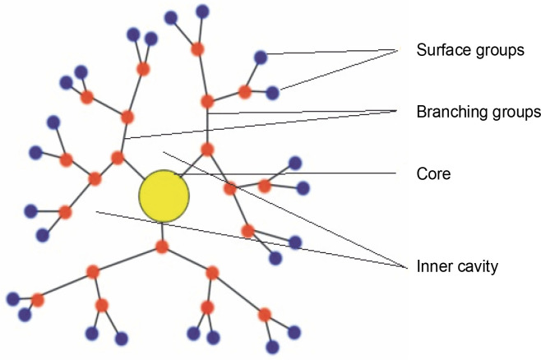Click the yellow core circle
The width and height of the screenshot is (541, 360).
164,196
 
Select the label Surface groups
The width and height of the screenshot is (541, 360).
470,51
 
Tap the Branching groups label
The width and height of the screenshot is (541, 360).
477,112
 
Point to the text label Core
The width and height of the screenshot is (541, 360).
434,174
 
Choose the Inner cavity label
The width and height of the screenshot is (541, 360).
458,266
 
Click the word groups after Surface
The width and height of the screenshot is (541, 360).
502,51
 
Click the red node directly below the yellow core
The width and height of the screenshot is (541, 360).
162,247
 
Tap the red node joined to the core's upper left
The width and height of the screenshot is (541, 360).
118,157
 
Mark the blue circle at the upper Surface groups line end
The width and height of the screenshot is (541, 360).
261,57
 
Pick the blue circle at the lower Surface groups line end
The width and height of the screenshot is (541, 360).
273,93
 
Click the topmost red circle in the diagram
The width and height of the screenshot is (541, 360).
197,48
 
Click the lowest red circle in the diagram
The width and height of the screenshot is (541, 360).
265,314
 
